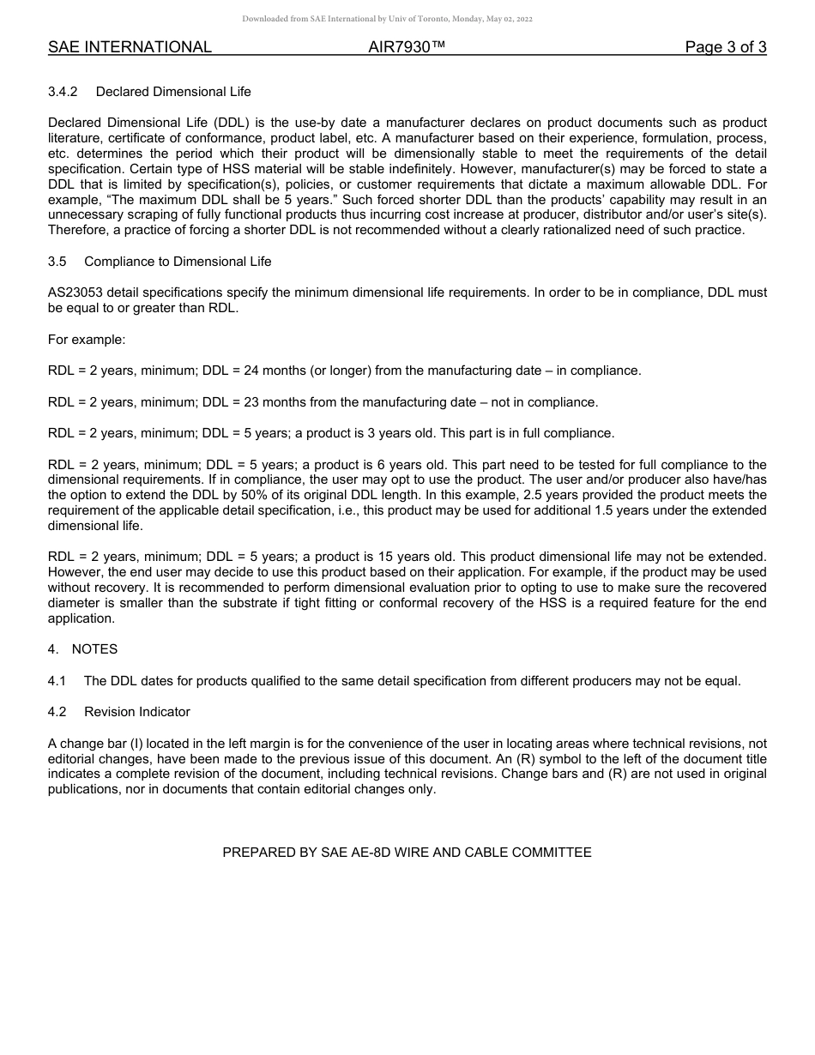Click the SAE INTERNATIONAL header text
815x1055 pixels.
pos(130,47)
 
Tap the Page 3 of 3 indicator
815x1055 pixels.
pos(725,47)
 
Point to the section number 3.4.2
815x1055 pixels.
pos(64,92)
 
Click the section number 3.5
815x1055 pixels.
pos(57,262)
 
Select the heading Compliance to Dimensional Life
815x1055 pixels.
pos(178,262)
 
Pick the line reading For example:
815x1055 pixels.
pos(87,340)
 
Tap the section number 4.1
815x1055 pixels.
pos(57,681)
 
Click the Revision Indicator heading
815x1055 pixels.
pos(137,712)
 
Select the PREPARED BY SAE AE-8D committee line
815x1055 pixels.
pos(407,853)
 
